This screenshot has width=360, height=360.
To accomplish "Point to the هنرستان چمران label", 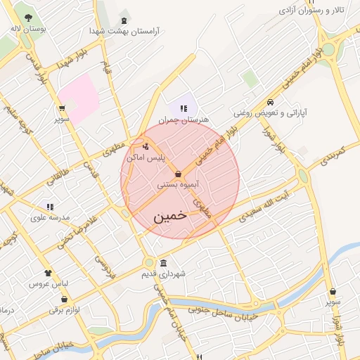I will point(184,120).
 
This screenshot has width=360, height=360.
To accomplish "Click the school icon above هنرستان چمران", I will point(184,108).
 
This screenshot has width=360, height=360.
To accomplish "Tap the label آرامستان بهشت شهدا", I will point(124,32).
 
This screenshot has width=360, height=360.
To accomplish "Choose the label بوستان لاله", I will point(28,30).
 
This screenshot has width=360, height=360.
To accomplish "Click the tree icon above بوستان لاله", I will point(28,18).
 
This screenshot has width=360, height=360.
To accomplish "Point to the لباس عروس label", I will point(47,285).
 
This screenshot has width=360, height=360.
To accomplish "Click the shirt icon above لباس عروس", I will point(48,273).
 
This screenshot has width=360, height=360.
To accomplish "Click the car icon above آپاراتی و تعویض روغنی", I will point(271,101).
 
